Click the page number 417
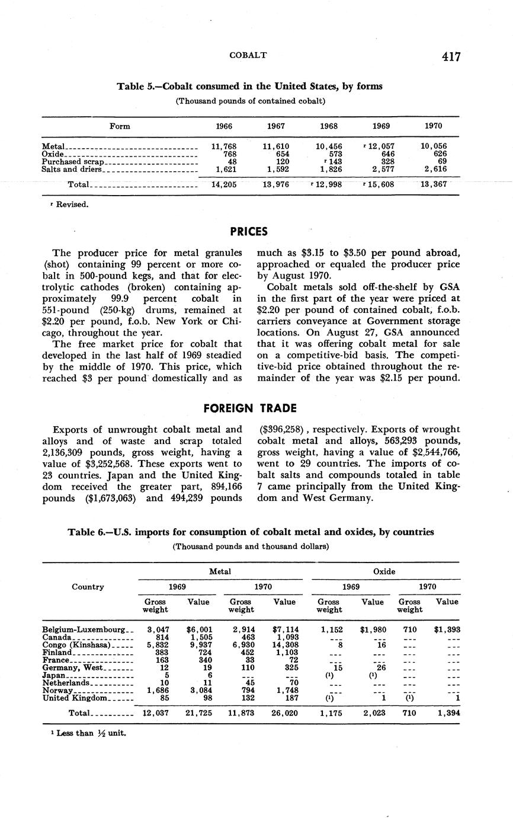(451, 56)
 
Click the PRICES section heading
(249, 231)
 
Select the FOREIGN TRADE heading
(250, 408)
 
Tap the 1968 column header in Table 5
(329, 126)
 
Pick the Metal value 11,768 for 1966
(224, 146)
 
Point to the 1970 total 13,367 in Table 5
(434, 185)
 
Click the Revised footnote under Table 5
(69, 204)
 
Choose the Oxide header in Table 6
(384, 571)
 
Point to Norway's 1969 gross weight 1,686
(157, 691)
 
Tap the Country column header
(88, 587)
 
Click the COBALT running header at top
(248, 55)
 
